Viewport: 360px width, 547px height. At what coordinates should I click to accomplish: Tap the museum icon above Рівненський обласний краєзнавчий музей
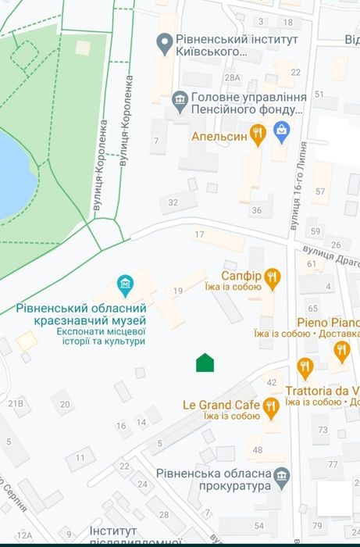(x=123, y=282)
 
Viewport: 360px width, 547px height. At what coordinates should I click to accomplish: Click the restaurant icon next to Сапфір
(x=272, y=276)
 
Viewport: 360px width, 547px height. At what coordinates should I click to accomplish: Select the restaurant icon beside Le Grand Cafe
(x=271, y=405)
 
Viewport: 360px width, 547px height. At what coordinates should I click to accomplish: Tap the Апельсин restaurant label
(x=219, y=136)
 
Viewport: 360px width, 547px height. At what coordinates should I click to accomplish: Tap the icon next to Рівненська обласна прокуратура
(x=283, y=474)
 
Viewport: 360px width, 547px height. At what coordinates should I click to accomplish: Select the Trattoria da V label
(x=322, y=390)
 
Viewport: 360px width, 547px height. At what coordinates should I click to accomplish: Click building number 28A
(x=232, y=78)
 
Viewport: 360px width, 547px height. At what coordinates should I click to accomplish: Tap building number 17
(x=199, y=234)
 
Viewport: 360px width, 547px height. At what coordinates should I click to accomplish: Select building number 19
(x=177, y=291)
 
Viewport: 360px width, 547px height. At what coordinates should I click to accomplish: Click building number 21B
(x=16, y=403)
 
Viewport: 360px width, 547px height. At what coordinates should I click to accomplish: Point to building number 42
(x=272, y=382)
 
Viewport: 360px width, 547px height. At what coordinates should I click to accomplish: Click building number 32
(x=173, y=202)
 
